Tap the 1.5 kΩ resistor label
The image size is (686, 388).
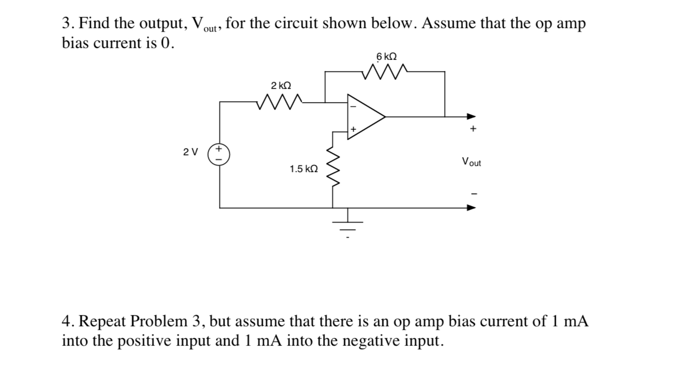pos(303,169)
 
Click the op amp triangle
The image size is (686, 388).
pos(364,116)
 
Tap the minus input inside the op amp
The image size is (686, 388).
pos(352,107)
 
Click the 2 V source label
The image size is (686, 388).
pos(190,152)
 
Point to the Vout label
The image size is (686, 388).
pos(471,162)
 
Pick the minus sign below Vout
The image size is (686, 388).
pos(473,193)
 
